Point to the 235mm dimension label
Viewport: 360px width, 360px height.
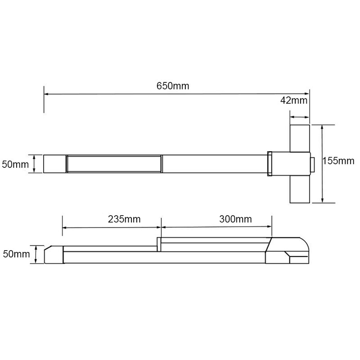tap(124, 219)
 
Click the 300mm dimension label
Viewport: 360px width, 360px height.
tap(235, 219)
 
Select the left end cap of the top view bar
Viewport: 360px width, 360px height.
tap(55, 164)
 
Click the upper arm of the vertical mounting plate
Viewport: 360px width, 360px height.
tap(299, 137)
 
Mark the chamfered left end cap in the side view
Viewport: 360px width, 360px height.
tap(53, 255)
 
